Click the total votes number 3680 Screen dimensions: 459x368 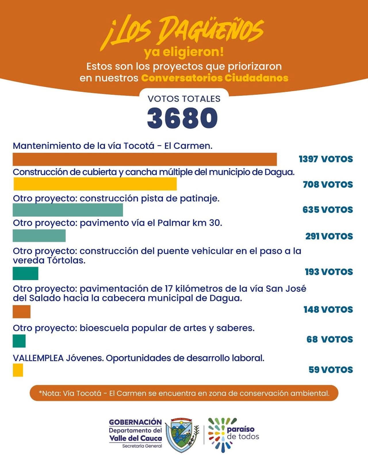click(x=182, y=118)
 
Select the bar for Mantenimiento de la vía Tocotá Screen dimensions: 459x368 click(x=145, y=159)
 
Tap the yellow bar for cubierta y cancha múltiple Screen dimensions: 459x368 click(x=95, y=184)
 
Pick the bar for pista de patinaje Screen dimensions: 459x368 click(x=68, y=210)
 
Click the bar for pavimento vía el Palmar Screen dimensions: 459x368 click(x=39, y=236)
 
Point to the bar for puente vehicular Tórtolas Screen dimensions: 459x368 click(x=25, y=273)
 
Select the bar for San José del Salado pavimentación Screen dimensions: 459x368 click(x=22, y=312)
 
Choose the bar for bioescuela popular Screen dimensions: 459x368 click(x=19, y=341)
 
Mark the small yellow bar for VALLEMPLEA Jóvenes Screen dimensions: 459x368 click(x=18, y=370)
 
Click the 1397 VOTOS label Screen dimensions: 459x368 click(x=326, y=159)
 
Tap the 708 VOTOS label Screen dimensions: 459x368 click(x=328, y=185)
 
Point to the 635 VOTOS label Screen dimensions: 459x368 click(x=327, y=210)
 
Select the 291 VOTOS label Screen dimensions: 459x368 click(x=329, y=236)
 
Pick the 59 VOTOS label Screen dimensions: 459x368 click(x=331, y=370)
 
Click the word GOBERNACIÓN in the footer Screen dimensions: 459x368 click(x=135, y=422)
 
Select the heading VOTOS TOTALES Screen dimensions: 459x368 click(x=184, y=99)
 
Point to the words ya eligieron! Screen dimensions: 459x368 click(x=184, y=52)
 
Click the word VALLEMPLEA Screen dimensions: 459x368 click(x=38, y=358)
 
